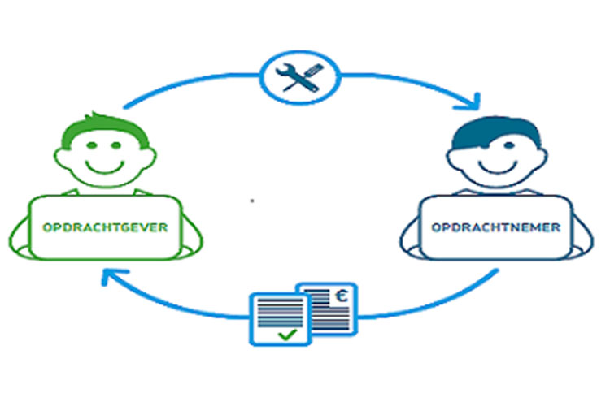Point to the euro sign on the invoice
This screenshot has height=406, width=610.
[x=343, y=296]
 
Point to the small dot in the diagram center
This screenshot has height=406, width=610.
[x=252, y=198]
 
